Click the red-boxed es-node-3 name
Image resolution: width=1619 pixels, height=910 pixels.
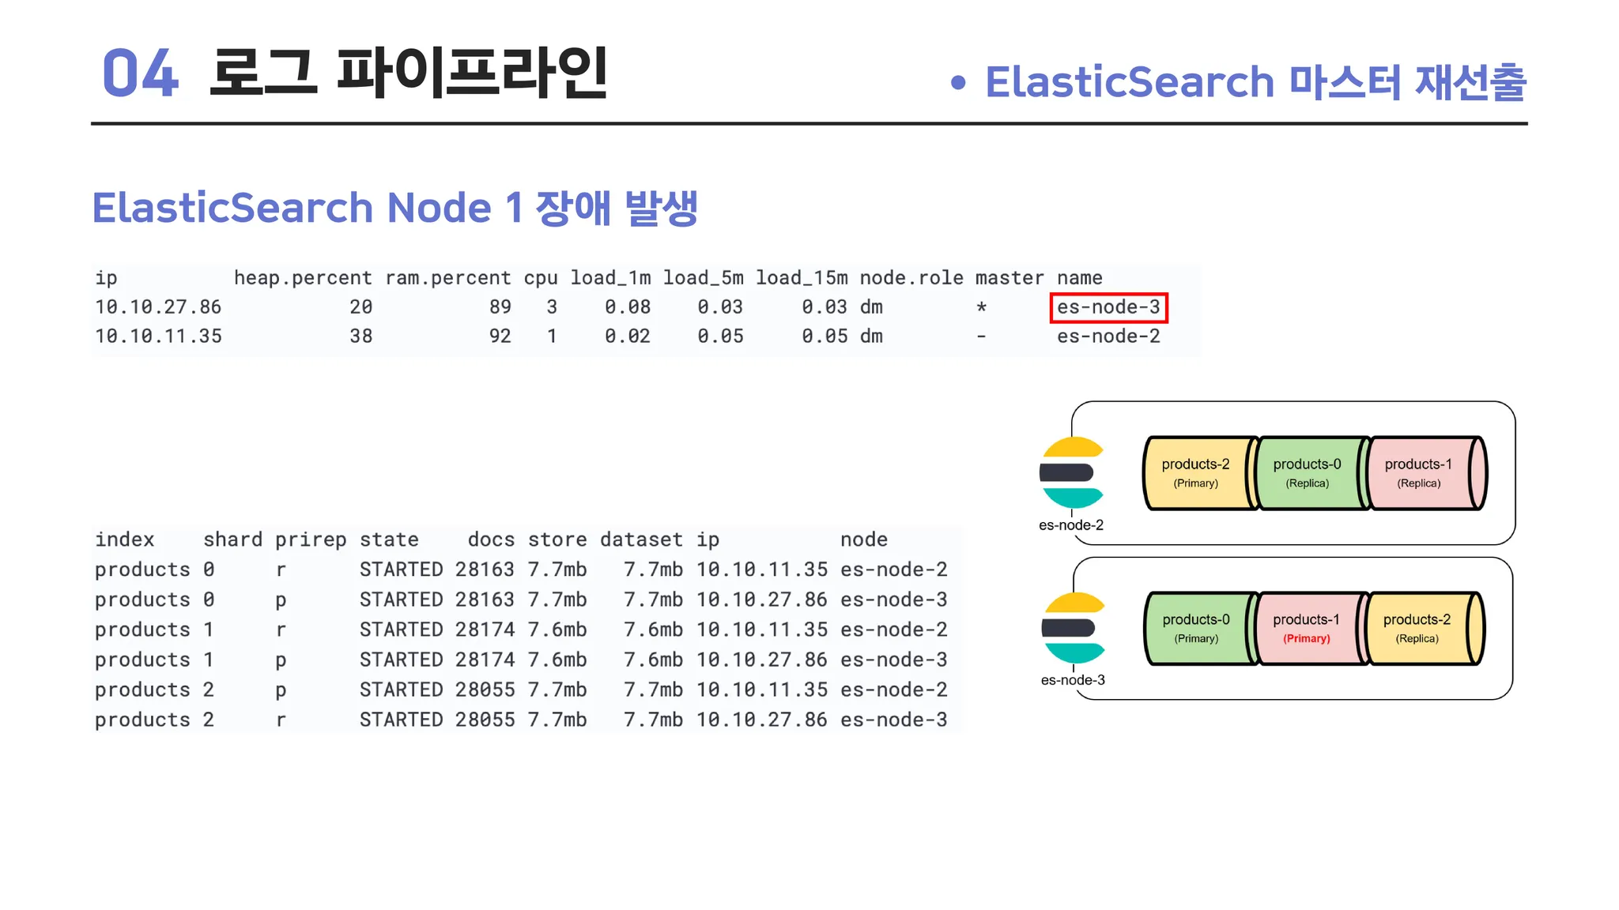pyautogui.click(x=1108, y=307)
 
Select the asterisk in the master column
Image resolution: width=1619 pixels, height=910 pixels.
pyautogui.click(x=981, y=307)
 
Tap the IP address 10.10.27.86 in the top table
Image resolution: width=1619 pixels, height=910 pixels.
pyautogui.click(x=158, y=307)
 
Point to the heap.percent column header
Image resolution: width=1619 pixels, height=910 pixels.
pyautogui.click(x=303, y=278)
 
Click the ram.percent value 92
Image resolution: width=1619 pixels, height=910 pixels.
pyautogui.click(x=500, y=337)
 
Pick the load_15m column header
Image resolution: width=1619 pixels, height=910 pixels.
pyautogui.click(x=802, y=278)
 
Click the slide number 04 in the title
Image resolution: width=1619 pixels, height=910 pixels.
pyautogui.click(x=141, y=73)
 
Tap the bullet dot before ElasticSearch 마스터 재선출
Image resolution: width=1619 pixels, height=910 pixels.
pyautogui.click(x=958, y=83)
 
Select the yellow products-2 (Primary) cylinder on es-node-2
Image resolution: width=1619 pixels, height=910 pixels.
pyautogui.click(x=1198, y=473)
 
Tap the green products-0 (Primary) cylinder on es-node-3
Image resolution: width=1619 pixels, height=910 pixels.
pyautogui.click(x=1198, y=628)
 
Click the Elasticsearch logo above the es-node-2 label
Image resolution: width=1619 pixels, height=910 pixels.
pyautogui.click(x=1071, y=472)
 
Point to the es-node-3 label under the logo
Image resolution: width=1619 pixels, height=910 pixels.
pyautogui.click(x=1073, y=680)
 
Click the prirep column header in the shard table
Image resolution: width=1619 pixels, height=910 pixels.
pyautogui.click(x=311, y=540)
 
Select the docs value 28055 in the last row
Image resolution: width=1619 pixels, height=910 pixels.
pyautogui.click(x=485, y=720)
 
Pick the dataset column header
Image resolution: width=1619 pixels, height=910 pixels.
pyautogui.click(x=641, y=540)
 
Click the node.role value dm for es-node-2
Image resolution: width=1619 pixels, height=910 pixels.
pyautogui.click(x=871, y=337)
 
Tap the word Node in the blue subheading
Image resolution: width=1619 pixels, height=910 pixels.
pyautogui.click(x=439, y=208)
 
